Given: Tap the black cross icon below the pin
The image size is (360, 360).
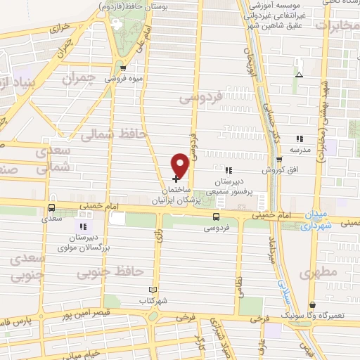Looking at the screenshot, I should pyautogui.click(x=175, y=179).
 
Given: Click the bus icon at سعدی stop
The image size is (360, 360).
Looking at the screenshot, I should pyautogui.click(x=51, y=208).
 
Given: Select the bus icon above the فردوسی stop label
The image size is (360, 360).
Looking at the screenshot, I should pyautogui.click(x=215, y=217).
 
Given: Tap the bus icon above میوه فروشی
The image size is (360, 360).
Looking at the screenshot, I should pyautogui.click(x=124, y=68).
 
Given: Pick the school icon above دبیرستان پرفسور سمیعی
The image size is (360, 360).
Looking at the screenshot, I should pyautogui.click(x=227, y=170).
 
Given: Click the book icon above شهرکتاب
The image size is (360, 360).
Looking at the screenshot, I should pyautogui.click(x=154, y=290).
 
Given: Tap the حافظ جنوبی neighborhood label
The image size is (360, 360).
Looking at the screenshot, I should pyautogui.click(x=117, y=269).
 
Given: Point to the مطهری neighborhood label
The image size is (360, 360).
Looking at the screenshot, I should pyautogui.click(x=318, y=271).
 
